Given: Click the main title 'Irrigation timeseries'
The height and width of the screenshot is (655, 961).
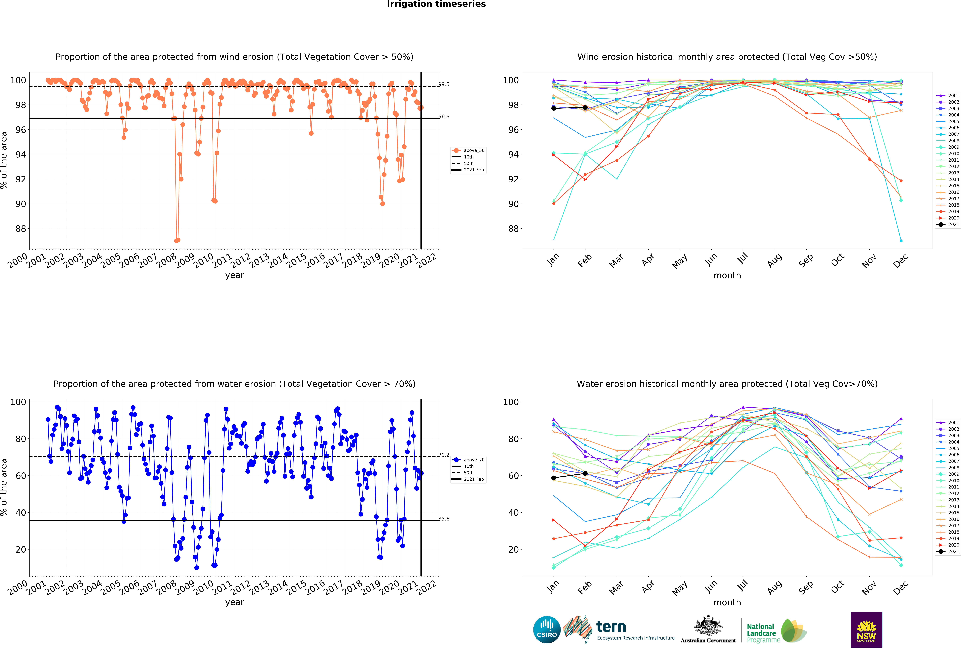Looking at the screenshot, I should click(x=436, y=4).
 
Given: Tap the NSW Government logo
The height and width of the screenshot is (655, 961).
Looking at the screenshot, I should click(x=866, y=629).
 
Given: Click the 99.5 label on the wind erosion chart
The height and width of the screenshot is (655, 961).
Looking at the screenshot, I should click(x=444, y=84).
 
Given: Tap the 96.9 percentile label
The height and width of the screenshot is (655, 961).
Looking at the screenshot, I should click(x=444, y=117).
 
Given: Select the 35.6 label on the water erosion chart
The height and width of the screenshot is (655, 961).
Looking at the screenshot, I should click(x=444, y=519).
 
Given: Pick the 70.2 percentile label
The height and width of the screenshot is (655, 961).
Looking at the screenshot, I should click(x=444, y=455).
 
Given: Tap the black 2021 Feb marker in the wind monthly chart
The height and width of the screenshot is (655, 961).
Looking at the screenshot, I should click(x=585, y=108).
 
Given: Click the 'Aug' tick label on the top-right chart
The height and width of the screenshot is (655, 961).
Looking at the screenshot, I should click(x=774, y=261).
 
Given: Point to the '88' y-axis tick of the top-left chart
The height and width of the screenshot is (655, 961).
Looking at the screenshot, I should click(x=21, y=229).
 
